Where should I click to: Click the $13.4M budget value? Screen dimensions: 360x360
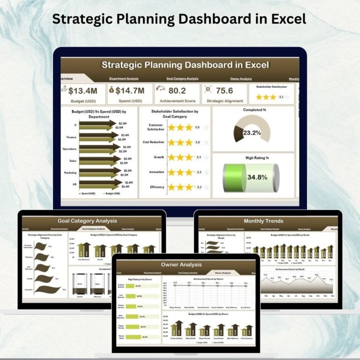[83, 91]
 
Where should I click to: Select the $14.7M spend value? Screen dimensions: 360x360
[130, 91]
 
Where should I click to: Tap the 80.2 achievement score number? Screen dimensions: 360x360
[177, 91]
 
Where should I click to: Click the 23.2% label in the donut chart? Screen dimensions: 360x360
[252, 133]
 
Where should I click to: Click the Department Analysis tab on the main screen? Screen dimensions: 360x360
[124, 79]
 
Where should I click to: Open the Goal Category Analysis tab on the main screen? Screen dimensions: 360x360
[182, 79]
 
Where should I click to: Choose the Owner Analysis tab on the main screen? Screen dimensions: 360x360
[241, 79]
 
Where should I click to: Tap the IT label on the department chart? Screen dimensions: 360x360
[75, 125]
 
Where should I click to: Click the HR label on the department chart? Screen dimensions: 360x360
[74, 185]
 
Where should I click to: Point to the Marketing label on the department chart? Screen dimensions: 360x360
[70, 173]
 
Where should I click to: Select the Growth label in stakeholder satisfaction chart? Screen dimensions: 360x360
[159, 157]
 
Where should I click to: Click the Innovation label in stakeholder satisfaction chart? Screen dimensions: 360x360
[157, 172]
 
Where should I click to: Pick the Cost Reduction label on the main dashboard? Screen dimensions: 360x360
[153, 142]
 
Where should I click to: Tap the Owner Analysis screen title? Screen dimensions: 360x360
[186, 265]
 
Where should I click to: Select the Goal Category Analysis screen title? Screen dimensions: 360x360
[87, 221]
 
